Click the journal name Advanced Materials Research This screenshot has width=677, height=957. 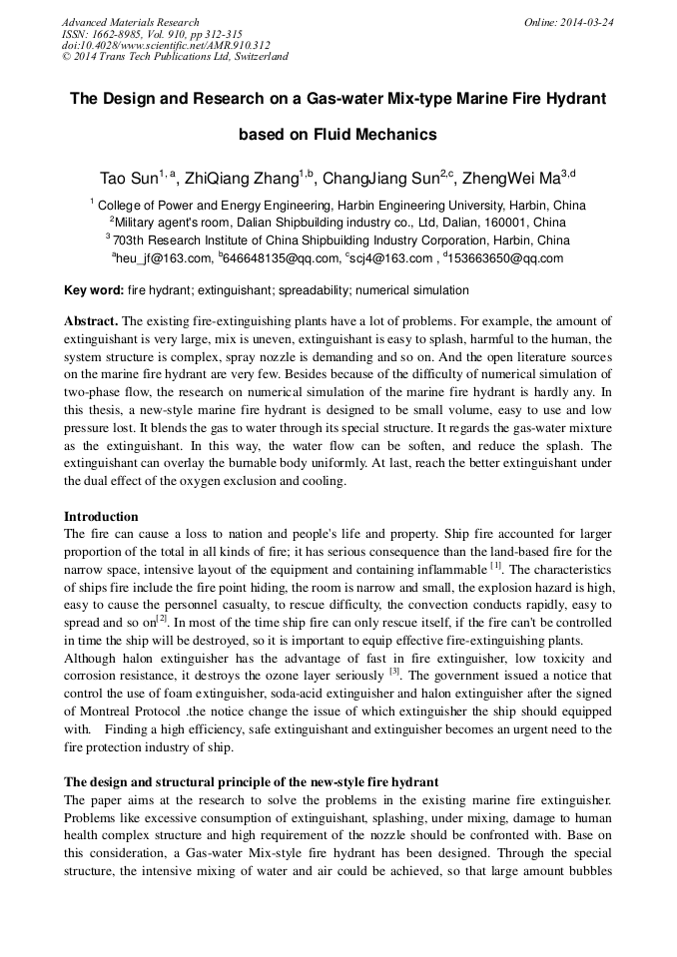(x=130, y=22)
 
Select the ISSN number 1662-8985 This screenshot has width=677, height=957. (x=120, y=33)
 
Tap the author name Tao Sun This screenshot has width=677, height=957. (x=128, y=180)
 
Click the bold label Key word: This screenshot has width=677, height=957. (x=94, y=290)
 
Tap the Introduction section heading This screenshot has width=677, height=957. (x=101, y=517)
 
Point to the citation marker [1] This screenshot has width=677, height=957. (x=495, y=566)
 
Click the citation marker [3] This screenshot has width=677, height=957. (x=394, y=672)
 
